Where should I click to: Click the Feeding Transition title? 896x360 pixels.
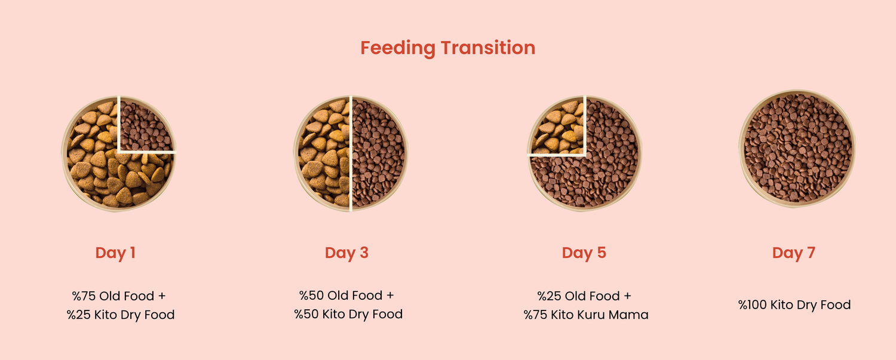click(x=447, y=48)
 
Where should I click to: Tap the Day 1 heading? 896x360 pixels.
click(x=115, y=253)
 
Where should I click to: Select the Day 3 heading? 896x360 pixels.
click(x=346, y=253)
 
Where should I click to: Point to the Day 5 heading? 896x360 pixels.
click(x=584, y=253)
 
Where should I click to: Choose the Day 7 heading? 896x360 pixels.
click(x=794, y=253)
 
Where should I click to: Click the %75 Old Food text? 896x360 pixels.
click(x=113, y=296)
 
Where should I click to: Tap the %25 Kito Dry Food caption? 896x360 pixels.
click(x=121, y=315)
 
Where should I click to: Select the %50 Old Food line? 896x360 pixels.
click(x=341, y=296)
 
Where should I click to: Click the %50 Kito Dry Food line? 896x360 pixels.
click(x=348, y=315)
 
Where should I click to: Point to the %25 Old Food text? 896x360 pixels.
click(x=578, y=296)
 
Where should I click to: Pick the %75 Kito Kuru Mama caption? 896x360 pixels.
click(x=586, y=315)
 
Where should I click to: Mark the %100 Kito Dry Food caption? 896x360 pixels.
click(x=794, y=305)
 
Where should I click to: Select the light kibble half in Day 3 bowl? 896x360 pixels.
click(x=324, y=153)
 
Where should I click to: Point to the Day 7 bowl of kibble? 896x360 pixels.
click(x=797, y=148)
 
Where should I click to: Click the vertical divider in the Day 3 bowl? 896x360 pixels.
click(x=351, y=153)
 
